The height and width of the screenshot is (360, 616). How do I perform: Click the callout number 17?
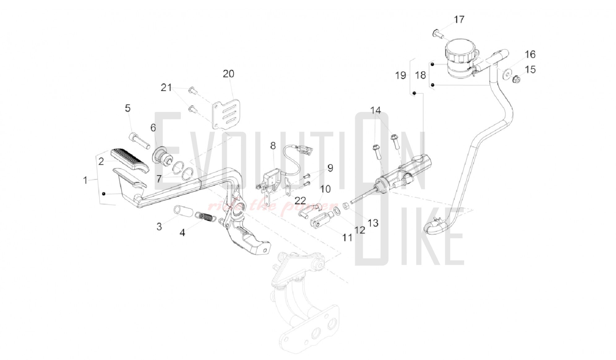(x=459, y=19)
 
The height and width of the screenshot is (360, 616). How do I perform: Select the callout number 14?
(x=376, y=110)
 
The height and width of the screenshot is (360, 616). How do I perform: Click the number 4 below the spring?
(x=183, y=233)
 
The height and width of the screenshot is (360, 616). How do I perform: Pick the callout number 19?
(x=401, y=75)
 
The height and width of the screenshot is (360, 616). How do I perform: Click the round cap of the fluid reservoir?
(x=459, y=49)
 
